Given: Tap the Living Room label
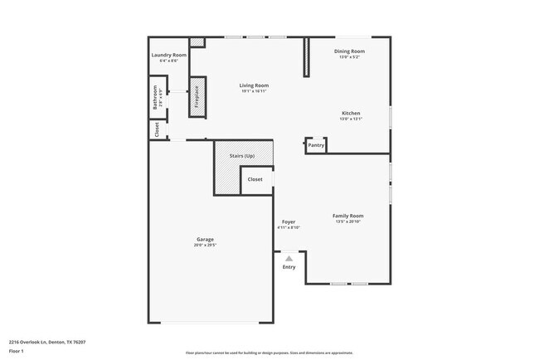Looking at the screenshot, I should point(254,85).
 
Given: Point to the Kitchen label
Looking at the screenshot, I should point(351,113).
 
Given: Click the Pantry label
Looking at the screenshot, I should point(316,145).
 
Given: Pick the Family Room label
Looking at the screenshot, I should point(348,216).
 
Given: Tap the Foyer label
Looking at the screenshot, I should point(288,221).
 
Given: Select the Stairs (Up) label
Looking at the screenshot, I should point(243,155).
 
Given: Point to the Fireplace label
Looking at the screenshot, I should point(197,99).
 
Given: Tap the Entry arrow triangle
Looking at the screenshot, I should point(289,259).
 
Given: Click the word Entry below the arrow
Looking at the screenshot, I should point(289,267).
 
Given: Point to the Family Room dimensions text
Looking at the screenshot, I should point(348,221).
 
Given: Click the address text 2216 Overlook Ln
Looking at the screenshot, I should point(48,341).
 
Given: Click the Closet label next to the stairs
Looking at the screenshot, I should point(255,179).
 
